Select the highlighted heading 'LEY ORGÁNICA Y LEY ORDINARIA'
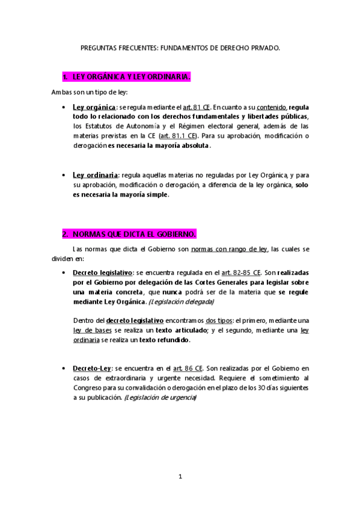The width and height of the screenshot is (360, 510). click(131, 78)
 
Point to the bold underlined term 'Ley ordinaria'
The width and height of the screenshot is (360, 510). click(96, 175)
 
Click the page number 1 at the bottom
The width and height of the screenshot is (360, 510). click(180, 476)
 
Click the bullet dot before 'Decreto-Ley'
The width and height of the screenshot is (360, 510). click(64, 368)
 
